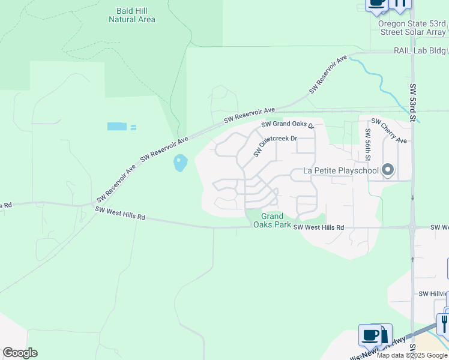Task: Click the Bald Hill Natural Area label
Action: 132,15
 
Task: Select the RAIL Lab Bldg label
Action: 420,51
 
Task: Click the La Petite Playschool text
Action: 341,170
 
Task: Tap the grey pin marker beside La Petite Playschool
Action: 388,170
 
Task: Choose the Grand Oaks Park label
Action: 276,220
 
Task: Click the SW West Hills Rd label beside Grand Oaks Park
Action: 318,228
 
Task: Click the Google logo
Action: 20,353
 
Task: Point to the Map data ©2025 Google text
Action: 412,355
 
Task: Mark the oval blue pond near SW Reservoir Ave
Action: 180,163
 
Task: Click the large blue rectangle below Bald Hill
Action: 117,127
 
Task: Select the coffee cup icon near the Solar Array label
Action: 377,4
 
